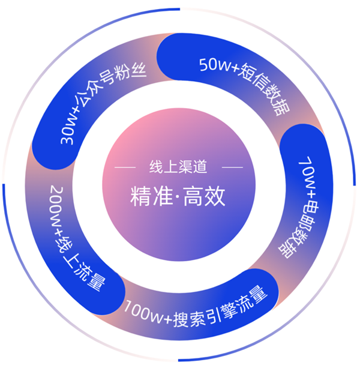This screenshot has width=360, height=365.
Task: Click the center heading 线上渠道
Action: coord(178,167)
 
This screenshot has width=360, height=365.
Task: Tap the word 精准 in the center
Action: coord(151,196)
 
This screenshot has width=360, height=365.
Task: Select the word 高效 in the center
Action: coord(205,196)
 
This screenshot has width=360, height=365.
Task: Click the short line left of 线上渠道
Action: coord(125,167)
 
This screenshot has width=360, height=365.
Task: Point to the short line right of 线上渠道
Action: coord(232,167)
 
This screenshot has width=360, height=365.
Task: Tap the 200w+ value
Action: coord(56,210)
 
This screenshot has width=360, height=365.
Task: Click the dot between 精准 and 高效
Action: coord(178,197)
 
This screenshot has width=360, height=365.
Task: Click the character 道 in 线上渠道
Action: coord(200,167)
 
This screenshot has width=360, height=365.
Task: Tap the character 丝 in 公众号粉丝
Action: coord(139,70)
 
